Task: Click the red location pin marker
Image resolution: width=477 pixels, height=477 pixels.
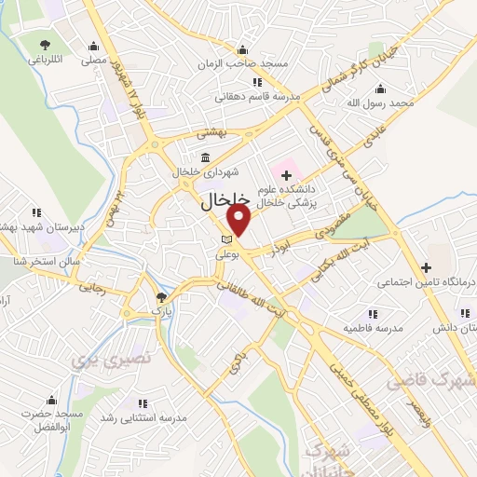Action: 239,220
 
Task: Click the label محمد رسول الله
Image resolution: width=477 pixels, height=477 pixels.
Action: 389,103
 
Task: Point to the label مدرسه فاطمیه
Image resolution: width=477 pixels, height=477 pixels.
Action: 372,329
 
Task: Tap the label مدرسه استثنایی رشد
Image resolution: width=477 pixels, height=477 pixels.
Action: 143,418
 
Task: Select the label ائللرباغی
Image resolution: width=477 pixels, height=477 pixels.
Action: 44,60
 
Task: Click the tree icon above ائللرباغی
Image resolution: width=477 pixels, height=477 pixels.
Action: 44,44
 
